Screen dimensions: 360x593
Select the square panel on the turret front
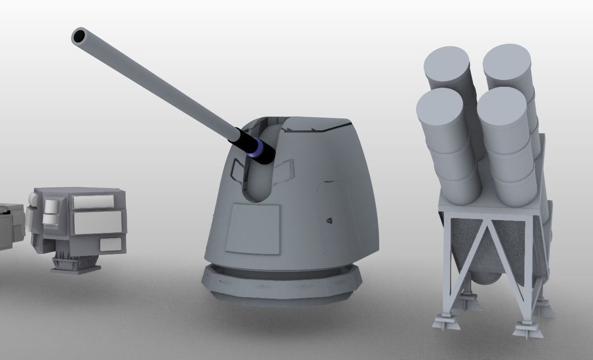pyautogui.click(x=253, y=228)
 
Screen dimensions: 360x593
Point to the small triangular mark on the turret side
pyautogui.click(x=329, y=221)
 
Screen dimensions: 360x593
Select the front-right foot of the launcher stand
pyautogui.click(x=527, y=331)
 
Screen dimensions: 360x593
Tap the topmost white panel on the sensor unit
pyautogui.click(x=93, y=202)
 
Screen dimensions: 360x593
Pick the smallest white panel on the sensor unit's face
pyautogui.click(x=110, y=244)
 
